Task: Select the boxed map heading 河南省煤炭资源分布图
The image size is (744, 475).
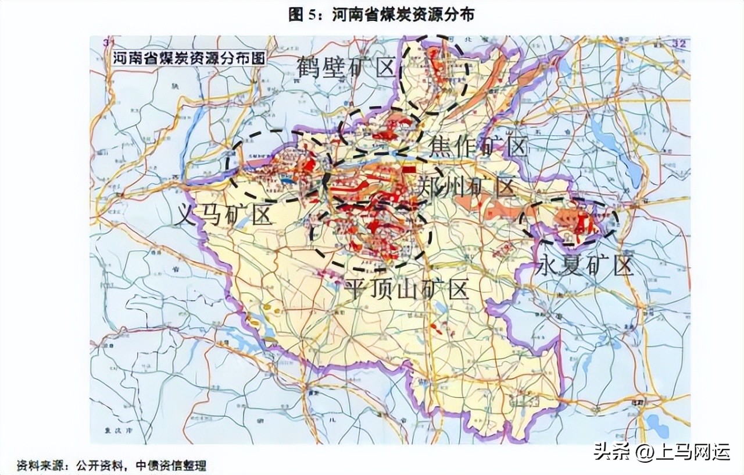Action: pos(187,59)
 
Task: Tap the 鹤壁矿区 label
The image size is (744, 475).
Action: pos(346,69)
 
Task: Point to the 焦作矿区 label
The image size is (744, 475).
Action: pos(478,148)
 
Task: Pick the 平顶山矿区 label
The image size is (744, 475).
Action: pos(407,288)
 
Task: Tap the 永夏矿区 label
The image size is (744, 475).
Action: pos(584,266)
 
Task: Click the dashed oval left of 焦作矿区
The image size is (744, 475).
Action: pos(381,131)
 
